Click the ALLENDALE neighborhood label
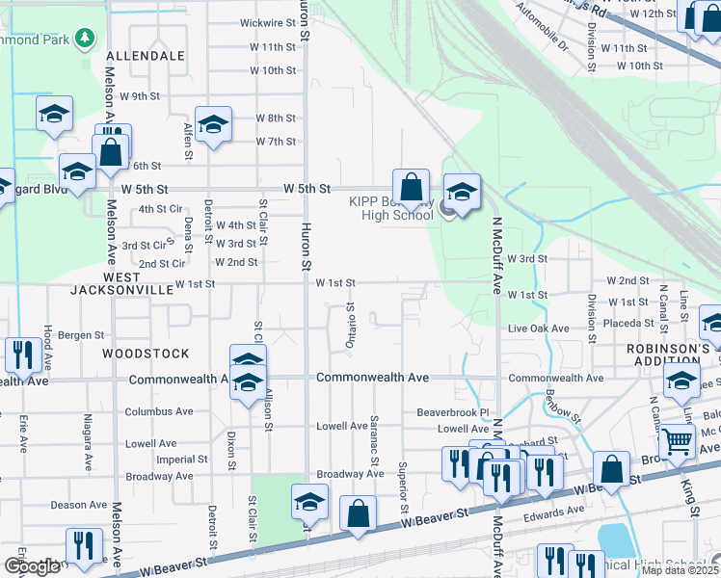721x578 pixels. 145,56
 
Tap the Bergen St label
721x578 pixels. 81,335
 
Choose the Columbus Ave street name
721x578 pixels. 158,411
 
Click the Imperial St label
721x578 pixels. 176,433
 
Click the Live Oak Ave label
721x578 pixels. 539,328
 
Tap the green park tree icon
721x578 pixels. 86,38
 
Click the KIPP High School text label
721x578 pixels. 390,208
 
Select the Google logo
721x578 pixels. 32,566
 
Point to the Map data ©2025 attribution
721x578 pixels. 679,570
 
